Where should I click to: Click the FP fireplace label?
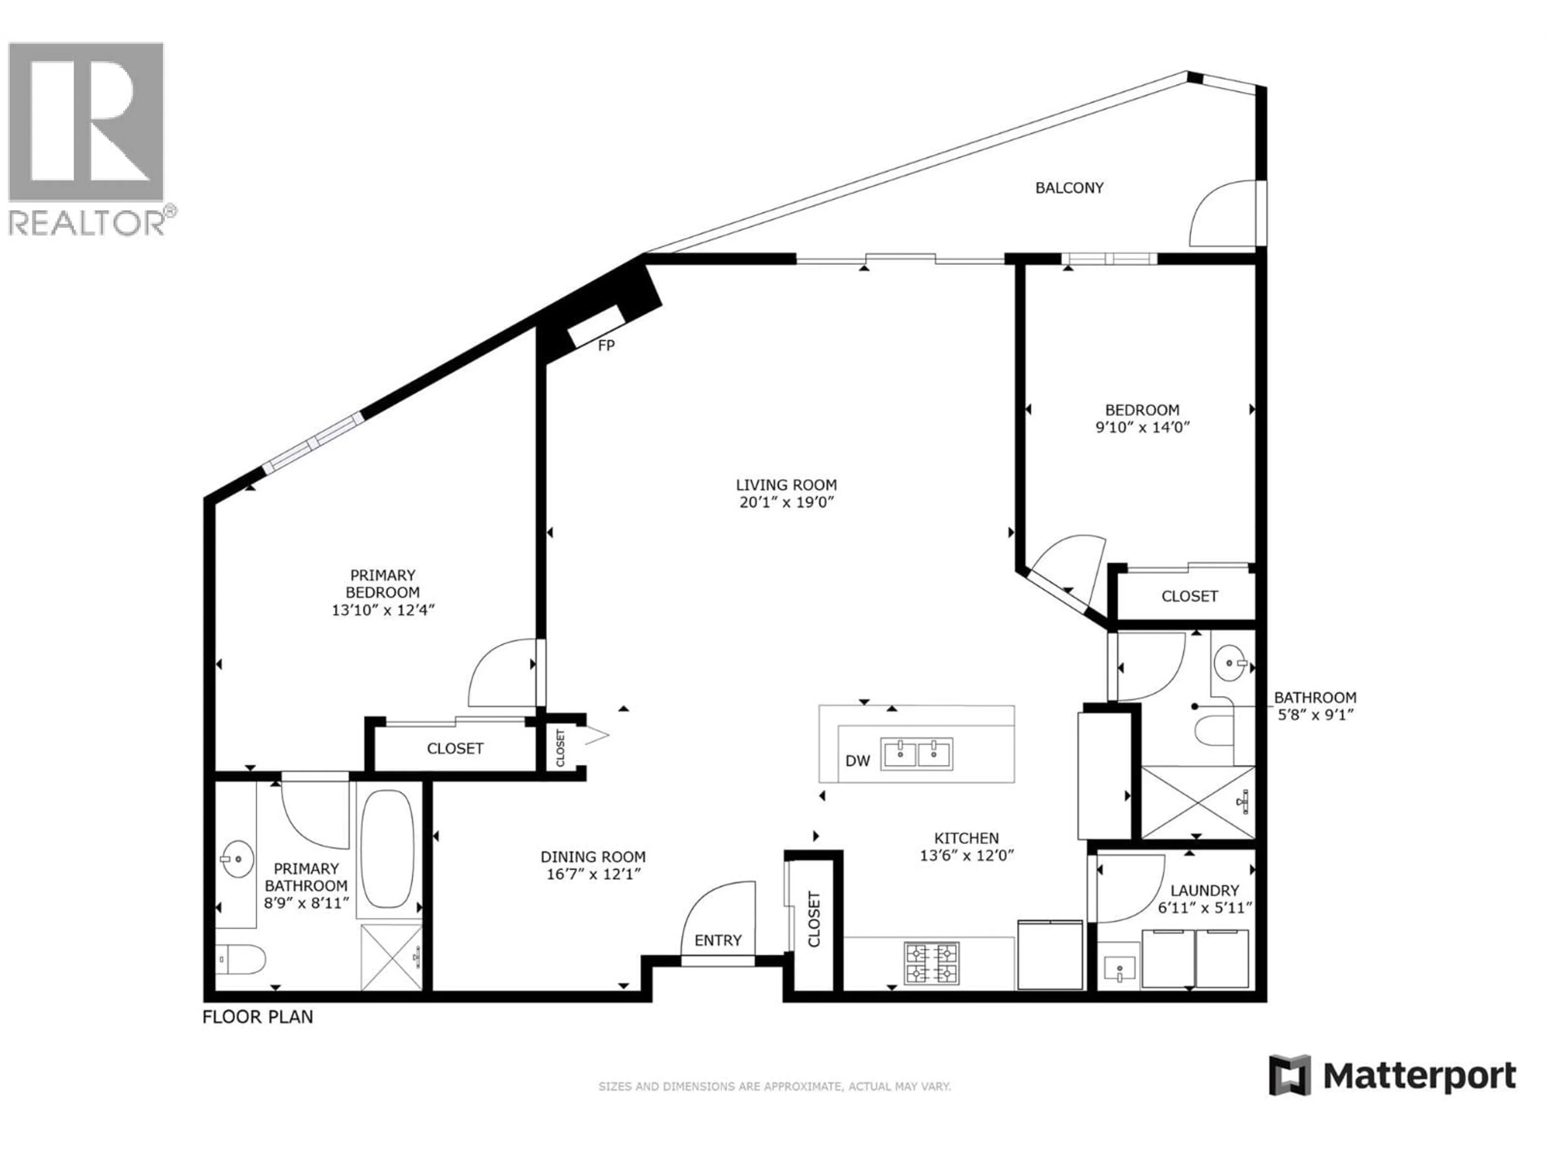click(606, 345)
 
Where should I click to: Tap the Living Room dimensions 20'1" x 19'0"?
click(786, 502)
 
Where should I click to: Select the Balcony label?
click(1069, 188)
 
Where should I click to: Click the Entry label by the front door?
click(718, 940)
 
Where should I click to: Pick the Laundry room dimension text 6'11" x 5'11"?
click(1204, 908)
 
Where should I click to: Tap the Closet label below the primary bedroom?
click(455, 748)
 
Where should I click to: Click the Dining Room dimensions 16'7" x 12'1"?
click(593, 874)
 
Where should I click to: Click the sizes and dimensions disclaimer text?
click(774, 1087)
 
